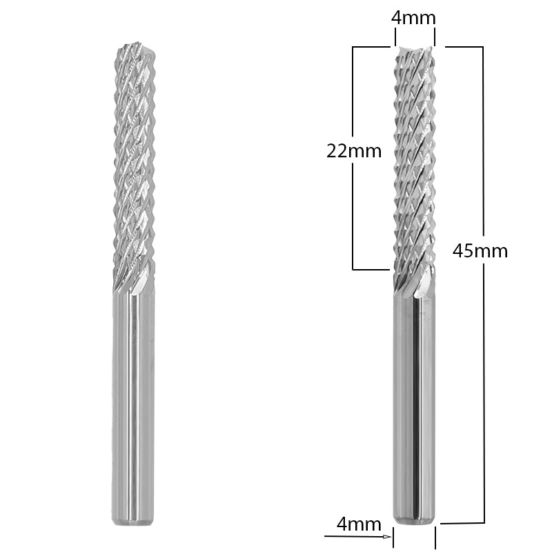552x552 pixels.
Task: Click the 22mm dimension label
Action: click(353, 151)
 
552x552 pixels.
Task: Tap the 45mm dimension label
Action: click(480, 250)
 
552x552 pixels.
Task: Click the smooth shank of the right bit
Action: click(414, 407)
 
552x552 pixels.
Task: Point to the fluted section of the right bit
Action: click(414, 166)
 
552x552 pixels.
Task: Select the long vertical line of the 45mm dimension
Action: click(483, 386)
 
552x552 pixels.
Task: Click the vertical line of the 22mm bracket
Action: click(353, 207)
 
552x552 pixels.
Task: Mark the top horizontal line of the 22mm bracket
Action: click(369, 47)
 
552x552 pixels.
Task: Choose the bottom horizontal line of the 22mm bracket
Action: click(369, 268)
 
